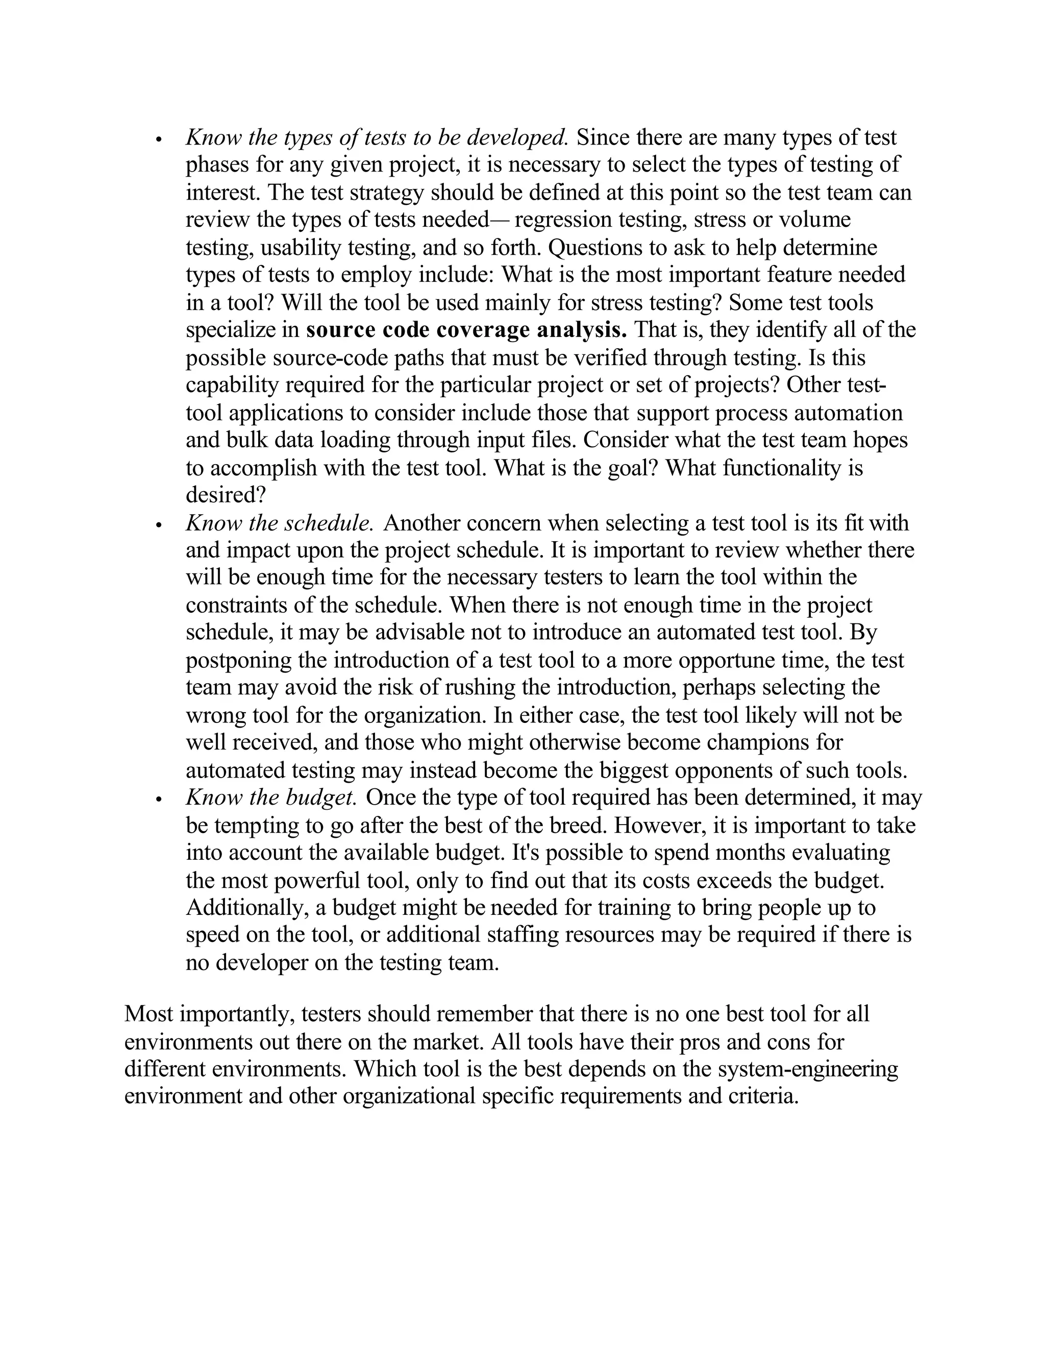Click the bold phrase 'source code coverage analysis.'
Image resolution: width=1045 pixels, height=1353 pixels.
click(466, 330)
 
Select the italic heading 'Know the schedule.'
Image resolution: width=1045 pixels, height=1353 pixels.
click(279, 523)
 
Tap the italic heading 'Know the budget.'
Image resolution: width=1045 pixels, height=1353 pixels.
click(271, 798)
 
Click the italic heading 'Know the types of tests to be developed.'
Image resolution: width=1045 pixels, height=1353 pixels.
click(377, 137)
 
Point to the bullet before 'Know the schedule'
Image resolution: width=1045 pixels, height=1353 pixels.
click(159, 525)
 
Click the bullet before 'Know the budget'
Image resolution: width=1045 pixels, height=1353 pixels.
click(159, 800)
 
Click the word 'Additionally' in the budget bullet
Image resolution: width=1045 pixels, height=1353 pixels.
click(247, 908)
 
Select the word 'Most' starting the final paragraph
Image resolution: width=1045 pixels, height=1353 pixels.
click(148, 1014)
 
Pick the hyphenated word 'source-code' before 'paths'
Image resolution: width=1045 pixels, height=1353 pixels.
click(328, 358)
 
